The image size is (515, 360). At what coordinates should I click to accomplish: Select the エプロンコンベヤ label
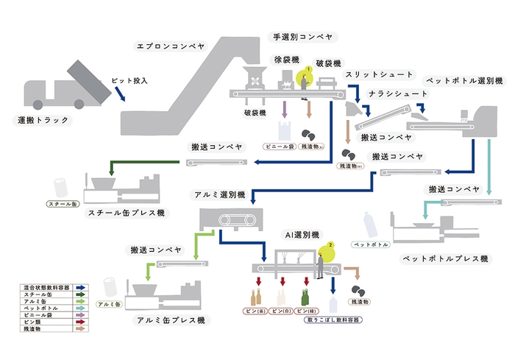click(167, 45)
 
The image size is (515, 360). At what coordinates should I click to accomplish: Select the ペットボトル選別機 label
click(464, 80)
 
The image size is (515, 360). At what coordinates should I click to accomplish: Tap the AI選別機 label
click(302, 234)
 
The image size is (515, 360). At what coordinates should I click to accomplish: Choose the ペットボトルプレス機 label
click(441, 259)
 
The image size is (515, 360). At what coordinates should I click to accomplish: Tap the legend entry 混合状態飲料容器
click(45, 288)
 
